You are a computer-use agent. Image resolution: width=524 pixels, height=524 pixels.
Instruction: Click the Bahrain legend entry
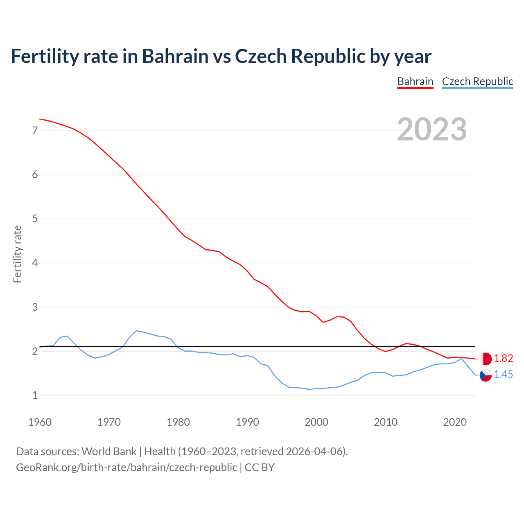415,81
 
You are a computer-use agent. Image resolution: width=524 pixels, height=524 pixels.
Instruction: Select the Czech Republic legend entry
477,81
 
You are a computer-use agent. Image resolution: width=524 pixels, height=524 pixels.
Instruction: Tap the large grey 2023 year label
432,129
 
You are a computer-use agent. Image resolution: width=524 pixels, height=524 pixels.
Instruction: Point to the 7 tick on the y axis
35,131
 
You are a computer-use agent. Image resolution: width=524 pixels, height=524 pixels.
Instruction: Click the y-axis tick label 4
35,263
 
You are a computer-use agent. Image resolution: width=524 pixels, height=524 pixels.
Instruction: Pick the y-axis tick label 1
35,395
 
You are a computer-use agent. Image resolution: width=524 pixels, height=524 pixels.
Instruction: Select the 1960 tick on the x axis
40,422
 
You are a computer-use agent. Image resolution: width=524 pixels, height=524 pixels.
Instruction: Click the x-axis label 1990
247,422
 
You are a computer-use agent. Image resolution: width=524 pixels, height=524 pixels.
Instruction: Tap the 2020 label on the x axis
455,422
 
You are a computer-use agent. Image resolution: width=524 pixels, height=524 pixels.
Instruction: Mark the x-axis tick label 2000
316,422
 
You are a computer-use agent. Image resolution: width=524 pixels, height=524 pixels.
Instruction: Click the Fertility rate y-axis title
17,254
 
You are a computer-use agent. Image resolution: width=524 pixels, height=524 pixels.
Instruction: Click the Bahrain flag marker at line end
486,359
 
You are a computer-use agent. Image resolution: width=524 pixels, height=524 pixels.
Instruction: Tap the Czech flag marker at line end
486,375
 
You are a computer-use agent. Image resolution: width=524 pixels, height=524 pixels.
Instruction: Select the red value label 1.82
503,359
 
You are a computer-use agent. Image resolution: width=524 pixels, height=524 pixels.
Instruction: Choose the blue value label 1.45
503,375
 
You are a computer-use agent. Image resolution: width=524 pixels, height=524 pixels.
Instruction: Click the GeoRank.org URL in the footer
126,468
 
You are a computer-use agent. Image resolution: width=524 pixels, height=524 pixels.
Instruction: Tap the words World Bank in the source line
109,452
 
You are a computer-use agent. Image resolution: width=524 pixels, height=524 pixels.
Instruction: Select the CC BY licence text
260,468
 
